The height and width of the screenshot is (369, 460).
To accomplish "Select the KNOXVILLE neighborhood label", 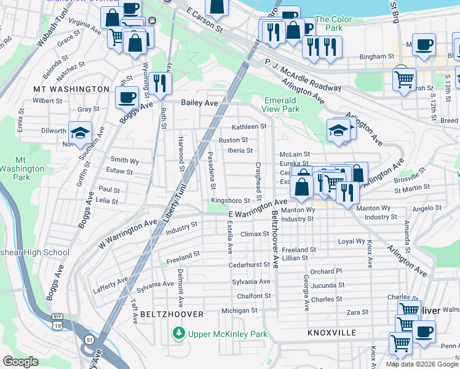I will (332, 333).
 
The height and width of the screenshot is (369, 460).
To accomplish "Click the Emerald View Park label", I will (282, 105).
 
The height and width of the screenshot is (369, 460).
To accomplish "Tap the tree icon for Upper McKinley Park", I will (178, 334).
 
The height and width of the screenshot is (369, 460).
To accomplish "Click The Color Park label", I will (333, 24).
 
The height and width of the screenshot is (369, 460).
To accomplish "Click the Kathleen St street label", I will (248, 127).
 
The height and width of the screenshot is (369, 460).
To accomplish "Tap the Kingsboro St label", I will (230, 200).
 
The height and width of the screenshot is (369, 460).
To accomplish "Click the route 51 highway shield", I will (89, 339).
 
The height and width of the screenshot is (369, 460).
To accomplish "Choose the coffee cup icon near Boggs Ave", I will (127, 97).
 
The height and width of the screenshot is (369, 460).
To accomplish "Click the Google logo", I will (21, 362).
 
